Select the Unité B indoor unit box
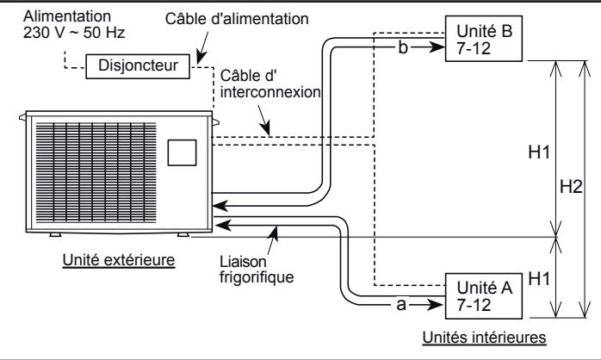tap(485, 40)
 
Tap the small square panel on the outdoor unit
tap(182, 152)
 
